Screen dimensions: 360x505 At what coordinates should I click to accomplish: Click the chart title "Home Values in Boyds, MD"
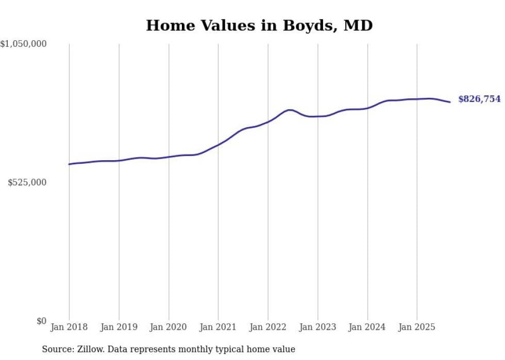[x=259, y=25]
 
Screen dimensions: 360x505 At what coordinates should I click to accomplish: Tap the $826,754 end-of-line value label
[x=479, y=99]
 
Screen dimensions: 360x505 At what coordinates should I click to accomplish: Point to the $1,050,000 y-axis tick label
[x=23, y=44]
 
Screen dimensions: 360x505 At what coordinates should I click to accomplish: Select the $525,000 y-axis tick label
[x=27, y=182]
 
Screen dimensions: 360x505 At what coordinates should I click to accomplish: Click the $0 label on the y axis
[x=41, y=321]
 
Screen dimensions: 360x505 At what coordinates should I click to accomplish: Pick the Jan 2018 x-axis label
[x=69, y=327]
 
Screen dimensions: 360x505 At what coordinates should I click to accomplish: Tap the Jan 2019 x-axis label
[x=119, y=327]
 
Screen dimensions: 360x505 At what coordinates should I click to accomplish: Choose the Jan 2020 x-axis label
[x=169, y=327]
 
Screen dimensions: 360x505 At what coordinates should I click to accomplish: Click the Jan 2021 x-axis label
[x=218, y=327]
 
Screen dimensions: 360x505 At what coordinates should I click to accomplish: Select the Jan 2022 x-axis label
[x=268, y=327]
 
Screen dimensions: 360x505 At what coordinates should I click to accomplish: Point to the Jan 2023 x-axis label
[x=318, y=327]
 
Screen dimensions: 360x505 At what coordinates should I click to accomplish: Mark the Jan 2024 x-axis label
[x=367, y=327]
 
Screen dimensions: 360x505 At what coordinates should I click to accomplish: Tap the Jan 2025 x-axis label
[x=417, y=327]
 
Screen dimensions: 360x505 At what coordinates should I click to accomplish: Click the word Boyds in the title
[x=307, y=25]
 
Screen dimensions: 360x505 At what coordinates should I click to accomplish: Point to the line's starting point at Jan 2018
[x=69, y=164]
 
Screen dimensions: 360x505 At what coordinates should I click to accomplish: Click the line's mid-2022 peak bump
[x=290, y=110]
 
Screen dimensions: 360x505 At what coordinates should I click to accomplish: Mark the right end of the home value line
[x=450, y=102]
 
